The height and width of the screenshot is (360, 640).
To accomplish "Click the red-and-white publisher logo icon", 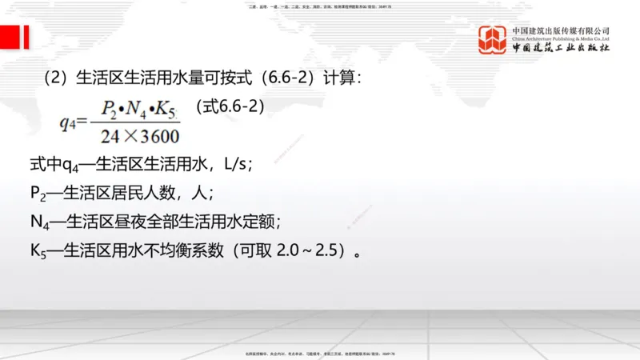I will click(x=493, y=40).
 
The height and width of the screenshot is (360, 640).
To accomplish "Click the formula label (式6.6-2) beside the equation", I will click(x=230, y=106).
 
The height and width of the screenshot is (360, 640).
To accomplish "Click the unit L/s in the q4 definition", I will click(x=237, y=165).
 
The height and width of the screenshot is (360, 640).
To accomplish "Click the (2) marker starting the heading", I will click(x=55, y=78).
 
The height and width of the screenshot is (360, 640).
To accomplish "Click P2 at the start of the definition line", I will click(x=38, y=194).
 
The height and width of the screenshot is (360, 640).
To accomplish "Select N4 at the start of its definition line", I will click(x=39, y=222).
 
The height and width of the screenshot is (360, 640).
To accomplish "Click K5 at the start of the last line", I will click(x=38, y=250).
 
